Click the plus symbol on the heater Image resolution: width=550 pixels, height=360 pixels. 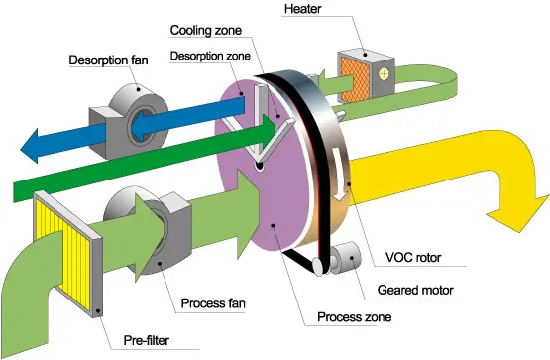(x=382, y=74)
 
